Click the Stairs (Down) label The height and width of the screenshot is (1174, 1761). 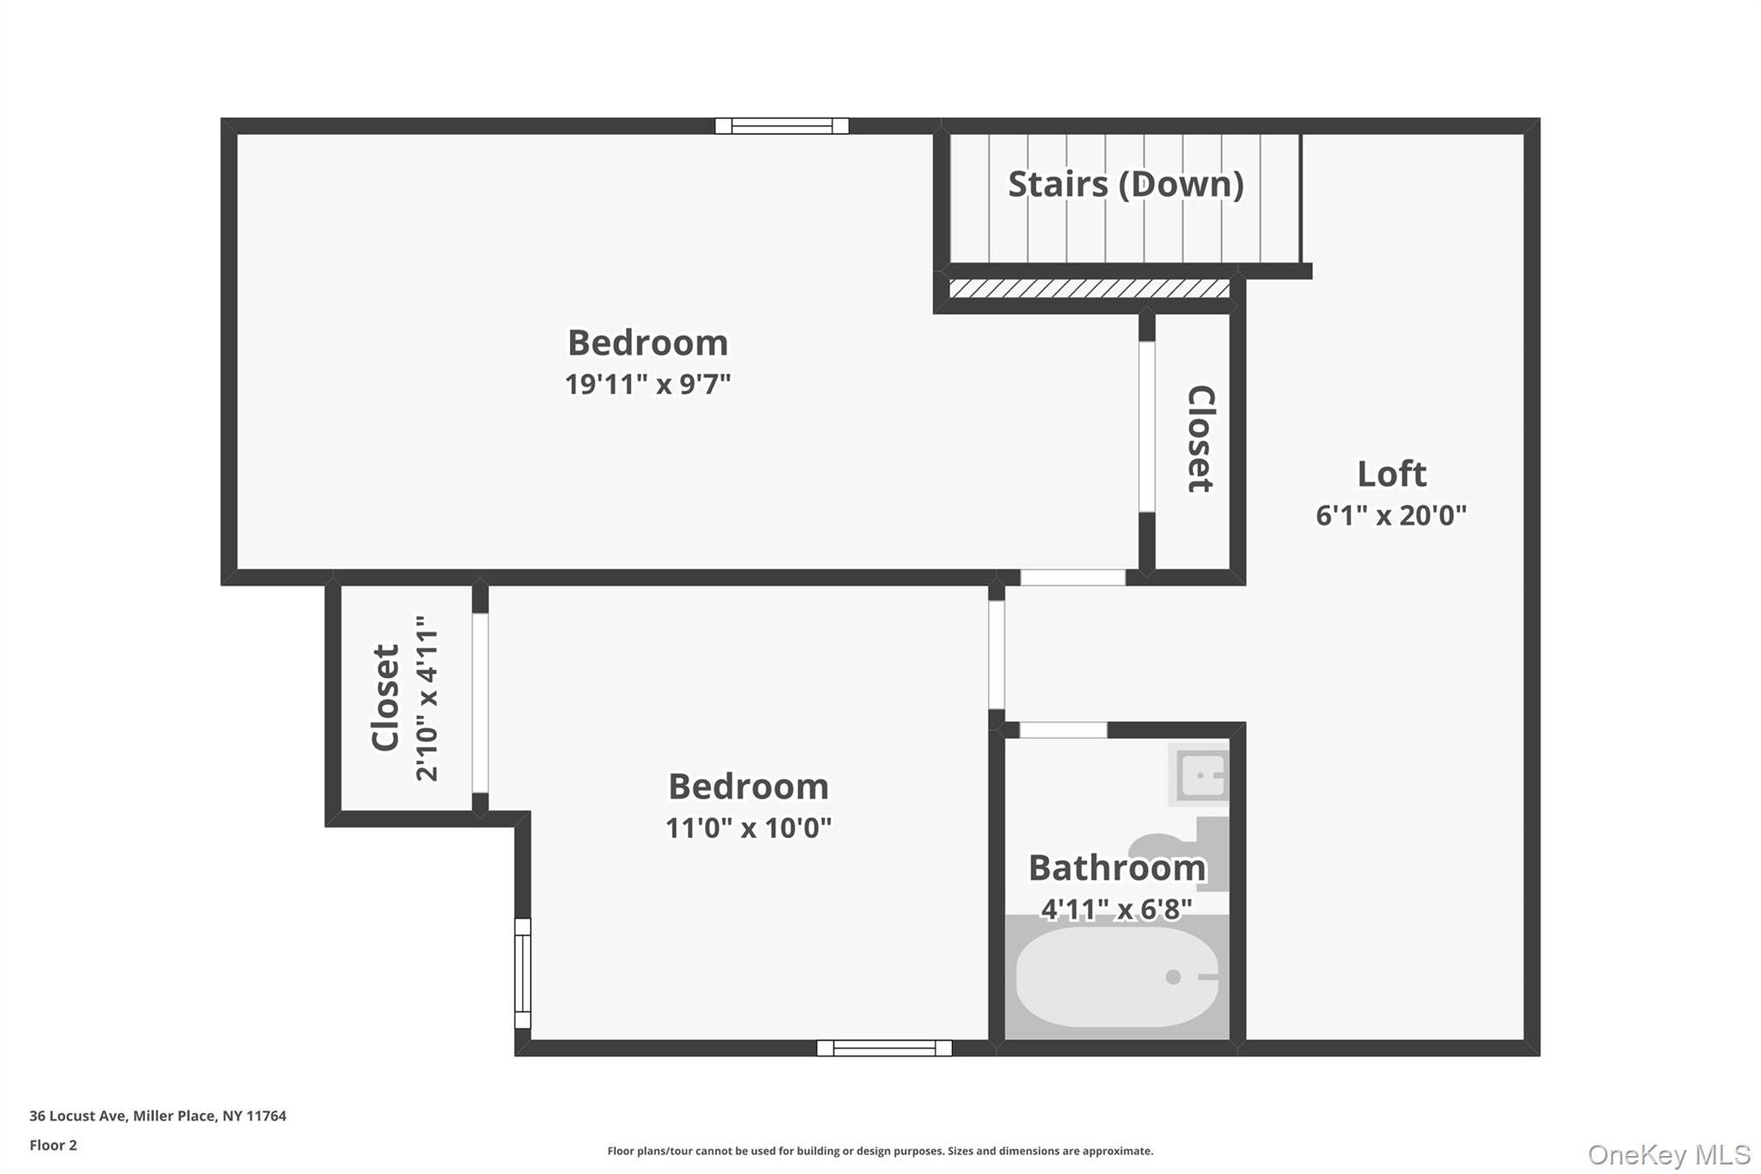point(1126,184)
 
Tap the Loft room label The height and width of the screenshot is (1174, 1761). point(1391,474)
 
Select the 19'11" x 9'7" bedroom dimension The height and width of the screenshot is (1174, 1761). point(647,384)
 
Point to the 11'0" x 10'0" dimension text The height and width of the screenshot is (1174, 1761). point(748,827)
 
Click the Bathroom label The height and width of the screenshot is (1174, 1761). point(1117,868)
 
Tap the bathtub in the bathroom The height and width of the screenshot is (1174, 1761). point(1117,976)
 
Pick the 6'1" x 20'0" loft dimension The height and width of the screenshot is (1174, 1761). point(1391,515)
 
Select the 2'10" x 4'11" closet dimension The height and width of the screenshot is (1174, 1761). point(427,698)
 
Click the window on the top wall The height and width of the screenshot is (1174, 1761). point(782,126)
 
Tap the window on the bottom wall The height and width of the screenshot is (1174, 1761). point(884,1048)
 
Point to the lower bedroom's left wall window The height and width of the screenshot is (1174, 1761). point(523,974)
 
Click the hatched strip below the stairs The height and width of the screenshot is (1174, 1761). point(1089,288)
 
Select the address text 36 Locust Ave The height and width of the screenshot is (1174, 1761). point(78,1116)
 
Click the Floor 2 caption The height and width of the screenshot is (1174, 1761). point(53,1145)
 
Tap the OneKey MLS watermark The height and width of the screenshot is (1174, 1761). point(1669,1154)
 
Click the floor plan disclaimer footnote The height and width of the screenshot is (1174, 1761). point(880,1151)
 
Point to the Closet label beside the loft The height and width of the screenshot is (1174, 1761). point(1200,439)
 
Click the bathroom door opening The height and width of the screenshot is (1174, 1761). point(1063,730)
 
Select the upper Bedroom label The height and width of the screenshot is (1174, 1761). point(647,343)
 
